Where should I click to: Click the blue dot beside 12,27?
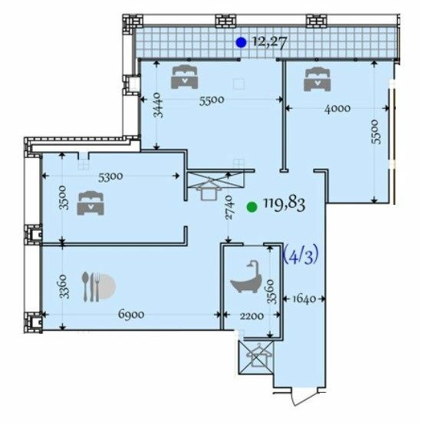tap(241, 43)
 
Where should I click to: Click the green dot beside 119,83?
tap(252, 206)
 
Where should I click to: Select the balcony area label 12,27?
tap(268, 43)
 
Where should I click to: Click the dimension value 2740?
tap(230, 207)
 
